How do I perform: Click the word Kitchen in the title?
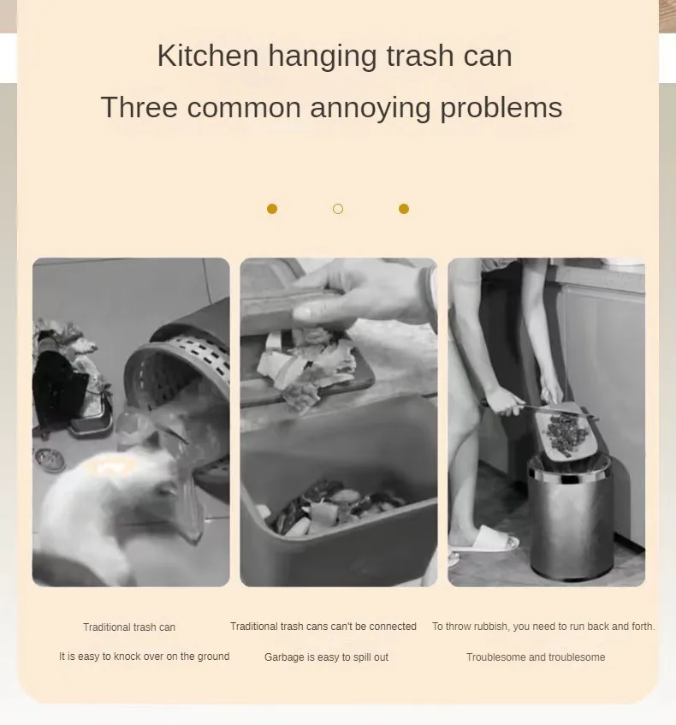click(x=208, y=56)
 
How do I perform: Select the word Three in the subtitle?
click(x=139, y=107)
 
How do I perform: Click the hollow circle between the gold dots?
click(x=338, y=209)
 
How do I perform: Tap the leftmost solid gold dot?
click(x=272, y=209)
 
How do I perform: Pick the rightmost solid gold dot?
click(x=404, y=209)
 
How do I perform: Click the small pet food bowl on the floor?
click(x=49, y=460)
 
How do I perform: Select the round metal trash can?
click(x=571, y=515)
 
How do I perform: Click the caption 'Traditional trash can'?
click(x=129, y=627)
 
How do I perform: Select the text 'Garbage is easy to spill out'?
click(x=326, y=657)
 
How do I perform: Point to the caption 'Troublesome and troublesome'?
click(x=536, y=657)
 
